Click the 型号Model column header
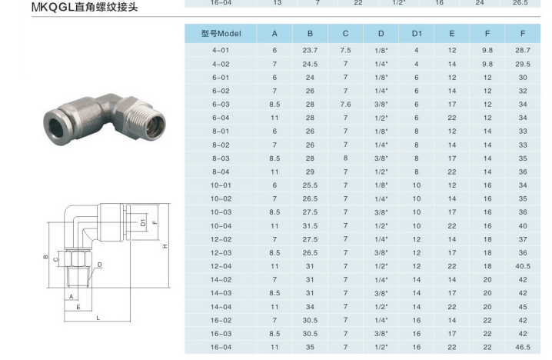(221, 34)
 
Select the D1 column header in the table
(417, 34)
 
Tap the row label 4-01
(221, 50)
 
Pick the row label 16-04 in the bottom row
(221, 347)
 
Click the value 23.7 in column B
(310, 50)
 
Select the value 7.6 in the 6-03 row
(345, 104)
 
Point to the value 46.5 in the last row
(523, 347)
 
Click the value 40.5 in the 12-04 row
(523, 266)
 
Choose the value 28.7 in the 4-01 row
(523, 50)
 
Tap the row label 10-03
(221, 212)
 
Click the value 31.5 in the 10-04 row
(310, 225)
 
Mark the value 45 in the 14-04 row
(523, 306)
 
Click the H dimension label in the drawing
(165, 245)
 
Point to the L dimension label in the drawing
(98, 318)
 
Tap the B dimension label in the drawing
(46, 256)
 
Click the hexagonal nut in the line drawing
(81, 256)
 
